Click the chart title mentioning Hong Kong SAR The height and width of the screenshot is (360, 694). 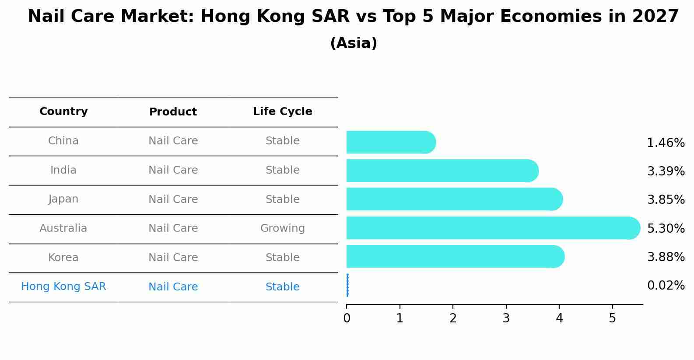[x=353, y=17]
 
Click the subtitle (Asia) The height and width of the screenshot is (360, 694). [x=354, y=43]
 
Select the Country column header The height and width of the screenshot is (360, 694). [x=63, y=112]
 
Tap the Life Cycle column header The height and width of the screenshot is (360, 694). [x=282, y=112]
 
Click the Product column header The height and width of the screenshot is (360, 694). [x=173, y=112]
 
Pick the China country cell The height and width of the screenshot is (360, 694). [x=63, y=141]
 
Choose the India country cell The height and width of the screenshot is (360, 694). [x=63, y=170]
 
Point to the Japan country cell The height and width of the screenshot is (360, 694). [x=63, y=199]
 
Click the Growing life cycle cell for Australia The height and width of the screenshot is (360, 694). [x=282, y=228]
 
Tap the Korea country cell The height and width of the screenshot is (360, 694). [x=63, y=258]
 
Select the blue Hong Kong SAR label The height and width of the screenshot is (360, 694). [x=63, y=287]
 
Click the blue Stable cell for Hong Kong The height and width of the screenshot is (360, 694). [x=282, y=287]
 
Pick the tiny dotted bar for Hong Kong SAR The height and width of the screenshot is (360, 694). [x=347, y=285]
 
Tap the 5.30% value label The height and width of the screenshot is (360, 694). [x=666, y=228]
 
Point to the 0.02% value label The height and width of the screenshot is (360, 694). [x=666, y=286]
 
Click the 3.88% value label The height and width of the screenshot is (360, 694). [x=666, y=257]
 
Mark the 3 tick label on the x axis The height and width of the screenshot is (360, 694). [x=506, y=318]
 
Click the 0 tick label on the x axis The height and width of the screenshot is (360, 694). [x=347, y=318]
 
